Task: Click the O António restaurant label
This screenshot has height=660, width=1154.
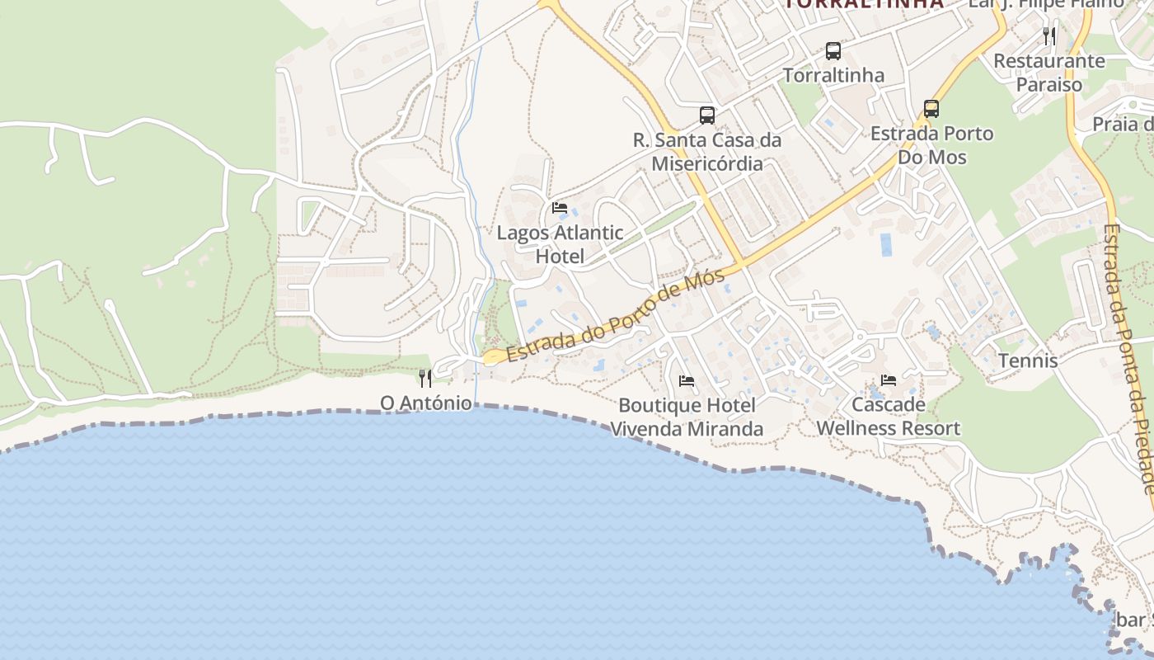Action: [425, 403]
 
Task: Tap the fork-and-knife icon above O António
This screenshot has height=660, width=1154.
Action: [425, 379]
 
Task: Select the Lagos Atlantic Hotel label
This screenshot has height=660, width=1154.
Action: [560, 244]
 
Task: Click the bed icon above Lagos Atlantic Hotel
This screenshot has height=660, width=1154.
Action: [560, 208]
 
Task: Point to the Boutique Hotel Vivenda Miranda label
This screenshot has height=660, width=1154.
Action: [686, 417]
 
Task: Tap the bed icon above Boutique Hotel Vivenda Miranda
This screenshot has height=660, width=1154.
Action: [686, 381]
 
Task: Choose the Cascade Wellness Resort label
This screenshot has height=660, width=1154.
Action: [888, 417]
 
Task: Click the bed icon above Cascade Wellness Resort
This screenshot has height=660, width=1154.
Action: [888, 380]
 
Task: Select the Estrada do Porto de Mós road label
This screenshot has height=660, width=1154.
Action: [616, 316]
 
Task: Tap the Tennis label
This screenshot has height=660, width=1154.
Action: [1028, 361]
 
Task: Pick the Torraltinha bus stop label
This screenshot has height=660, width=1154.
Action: [833, 75]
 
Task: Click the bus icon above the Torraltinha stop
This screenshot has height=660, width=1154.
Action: [833, 51]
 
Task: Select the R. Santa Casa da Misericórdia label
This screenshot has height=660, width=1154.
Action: [707, 152]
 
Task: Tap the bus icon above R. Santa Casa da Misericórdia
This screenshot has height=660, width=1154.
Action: [707, 115]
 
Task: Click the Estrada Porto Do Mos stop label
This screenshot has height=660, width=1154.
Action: [932, 145]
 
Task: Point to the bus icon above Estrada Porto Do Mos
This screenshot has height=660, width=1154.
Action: [931, 109]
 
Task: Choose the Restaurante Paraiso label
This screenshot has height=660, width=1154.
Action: [1048, 73]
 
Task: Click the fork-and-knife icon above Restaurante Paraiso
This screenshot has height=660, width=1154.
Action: [1048, 35]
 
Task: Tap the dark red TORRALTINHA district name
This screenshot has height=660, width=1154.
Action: [863, 3]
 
